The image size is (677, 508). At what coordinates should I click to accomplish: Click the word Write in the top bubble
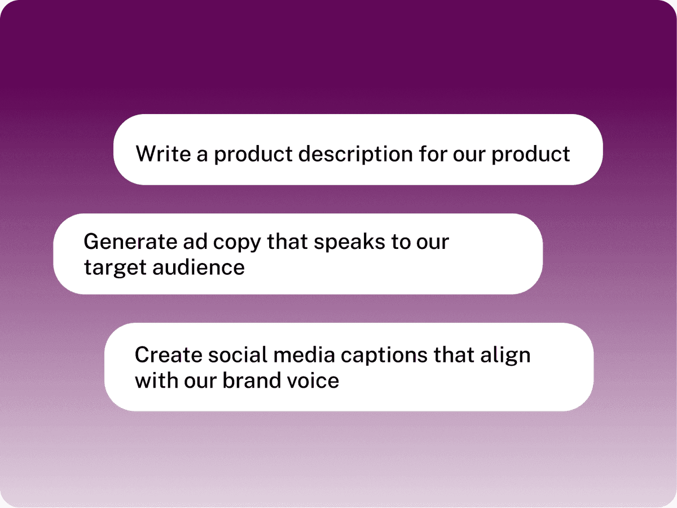point(162,154)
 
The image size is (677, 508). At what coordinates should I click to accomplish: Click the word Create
point(167,355)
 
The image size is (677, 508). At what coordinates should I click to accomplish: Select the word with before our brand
point(156,380)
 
